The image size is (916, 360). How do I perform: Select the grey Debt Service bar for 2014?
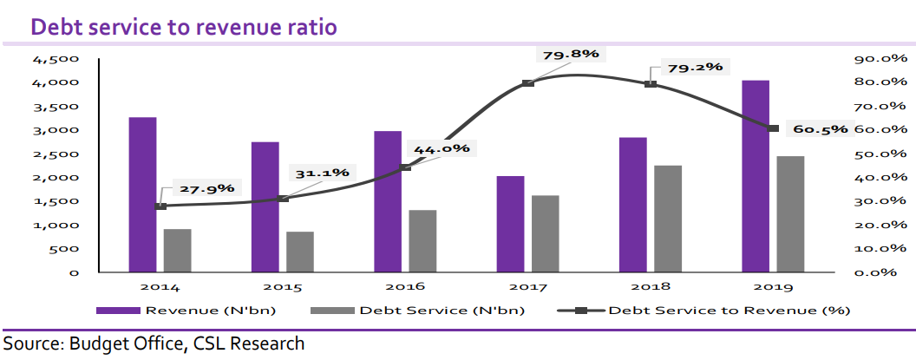(x=178, y=251)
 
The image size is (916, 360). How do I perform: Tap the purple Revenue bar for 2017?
(x=510, y=224)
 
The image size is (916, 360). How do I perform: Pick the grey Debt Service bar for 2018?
(x=668, y=219)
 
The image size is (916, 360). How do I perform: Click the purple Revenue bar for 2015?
(x=265, y=206)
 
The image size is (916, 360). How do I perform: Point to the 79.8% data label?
(x=571, y=54)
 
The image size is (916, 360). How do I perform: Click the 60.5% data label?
(x=820, y=129)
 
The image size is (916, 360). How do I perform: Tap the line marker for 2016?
(x=406, y=167)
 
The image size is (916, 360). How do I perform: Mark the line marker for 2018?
(x=651, y=84)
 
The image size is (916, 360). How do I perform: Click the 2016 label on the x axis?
(x=405, y=285)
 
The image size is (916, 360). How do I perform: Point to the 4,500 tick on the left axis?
(x=55, y=59)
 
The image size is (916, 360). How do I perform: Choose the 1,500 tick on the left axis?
(x=55, y=201)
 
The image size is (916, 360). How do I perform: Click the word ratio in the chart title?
(x=307, y=28)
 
